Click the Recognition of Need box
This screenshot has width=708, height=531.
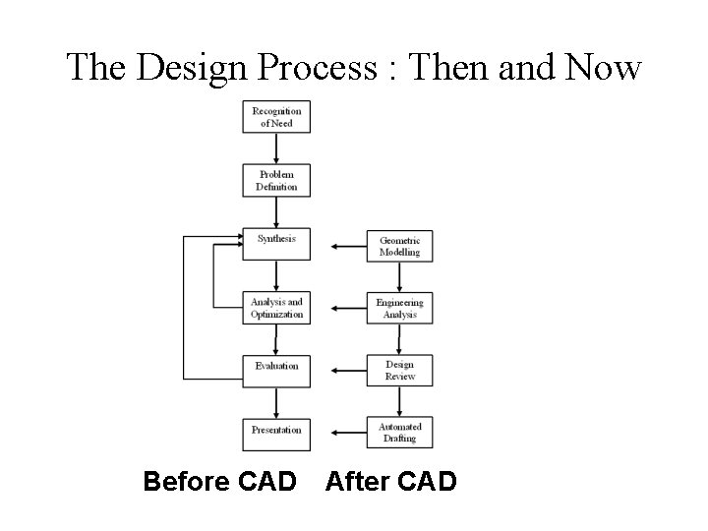[276, 117]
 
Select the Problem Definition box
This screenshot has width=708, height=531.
[276, 181]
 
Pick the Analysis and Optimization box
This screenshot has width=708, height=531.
[276, 308]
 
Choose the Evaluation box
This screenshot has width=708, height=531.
[276, 371]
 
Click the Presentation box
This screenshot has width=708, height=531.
[276, 434]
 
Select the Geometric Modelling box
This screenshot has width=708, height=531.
[399, 246]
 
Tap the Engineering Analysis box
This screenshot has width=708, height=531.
[399, 308]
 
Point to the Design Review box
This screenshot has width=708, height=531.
[399, 371]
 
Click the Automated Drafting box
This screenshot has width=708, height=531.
[399, 433]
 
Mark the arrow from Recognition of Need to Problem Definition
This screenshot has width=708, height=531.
[276, 148]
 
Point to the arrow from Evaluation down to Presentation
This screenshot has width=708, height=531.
[276, 402]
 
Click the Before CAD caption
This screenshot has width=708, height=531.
[219, 482]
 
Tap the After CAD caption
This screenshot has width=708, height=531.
[390, 482]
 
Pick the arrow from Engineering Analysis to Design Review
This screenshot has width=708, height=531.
[399, 339]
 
